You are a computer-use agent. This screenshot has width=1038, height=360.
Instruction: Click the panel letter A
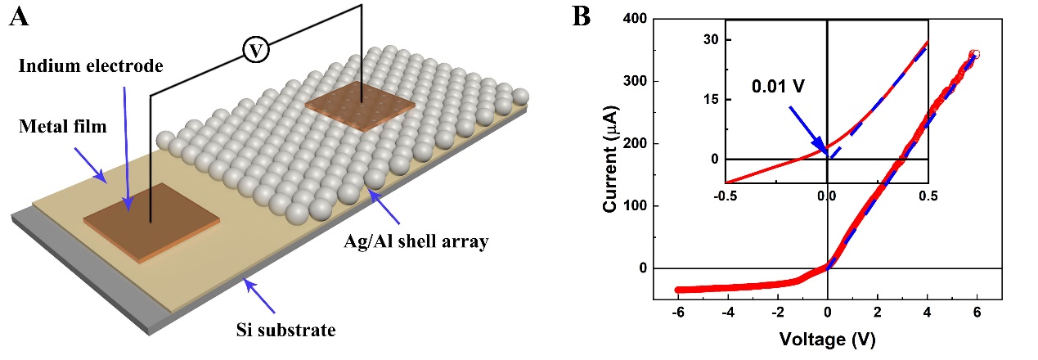(20, 16)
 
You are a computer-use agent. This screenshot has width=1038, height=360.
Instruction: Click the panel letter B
(581, 16)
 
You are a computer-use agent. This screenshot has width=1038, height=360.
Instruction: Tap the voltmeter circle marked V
(257, 51)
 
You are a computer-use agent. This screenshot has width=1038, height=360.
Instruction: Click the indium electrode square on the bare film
(151, 221)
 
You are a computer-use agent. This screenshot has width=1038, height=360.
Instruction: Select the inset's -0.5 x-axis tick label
(726, 196)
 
